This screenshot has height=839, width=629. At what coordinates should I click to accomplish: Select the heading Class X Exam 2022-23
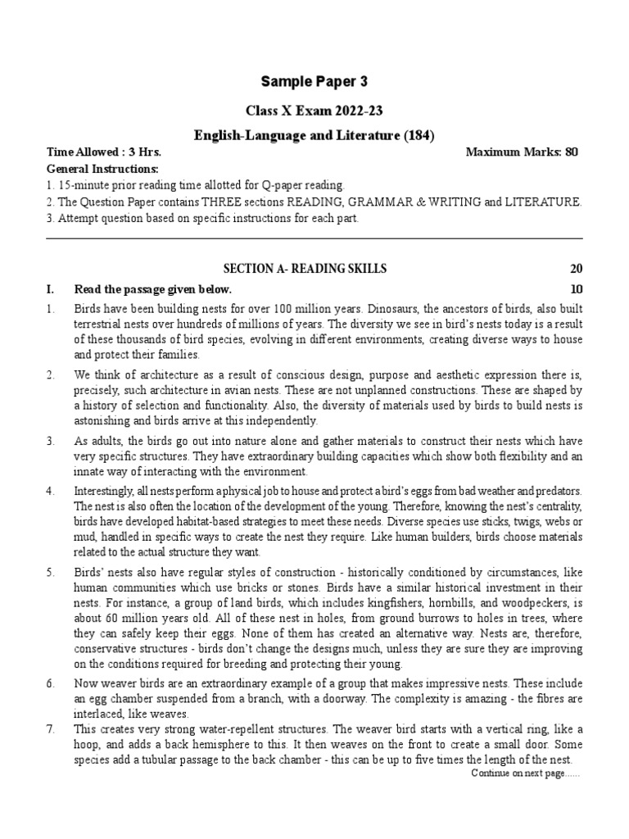point(314,111)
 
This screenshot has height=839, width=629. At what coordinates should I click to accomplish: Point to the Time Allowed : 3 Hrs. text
point(104,152)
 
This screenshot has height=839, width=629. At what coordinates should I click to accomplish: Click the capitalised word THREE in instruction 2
point(257,202)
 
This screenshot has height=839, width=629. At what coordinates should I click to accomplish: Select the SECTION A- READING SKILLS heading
point(305,269)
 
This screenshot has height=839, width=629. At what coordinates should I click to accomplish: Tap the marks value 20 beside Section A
point(575,269)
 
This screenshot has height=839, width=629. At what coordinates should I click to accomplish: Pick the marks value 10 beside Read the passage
point(575,288)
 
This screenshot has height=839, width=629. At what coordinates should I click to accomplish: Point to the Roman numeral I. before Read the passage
point(51,288)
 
